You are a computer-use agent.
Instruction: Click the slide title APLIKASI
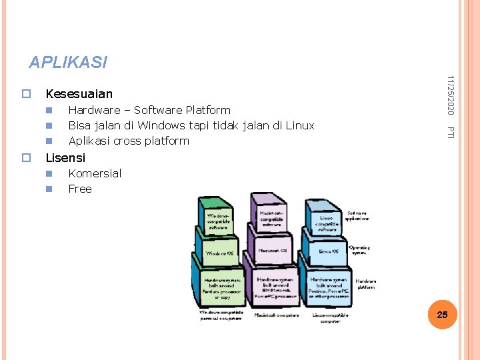[x=67, y=63]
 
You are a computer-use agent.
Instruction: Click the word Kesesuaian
[x=79, y=94]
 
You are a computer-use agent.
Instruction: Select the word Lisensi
[x=65, y=158]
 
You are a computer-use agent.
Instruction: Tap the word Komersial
[x=95, y=173]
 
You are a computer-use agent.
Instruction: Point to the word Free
[x=80, y=189]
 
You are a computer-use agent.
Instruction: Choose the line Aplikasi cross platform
[x=129, y=141]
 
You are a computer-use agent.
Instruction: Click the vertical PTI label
[x=451, y=133]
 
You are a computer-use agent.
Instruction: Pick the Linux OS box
[x=328, y=251]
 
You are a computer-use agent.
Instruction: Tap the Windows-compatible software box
[x=217, y=221]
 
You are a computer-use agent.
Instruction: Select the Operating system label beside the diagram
[x=359, y=251]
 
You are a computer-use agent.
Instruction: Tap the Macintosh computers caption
[x=277, y=315]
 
